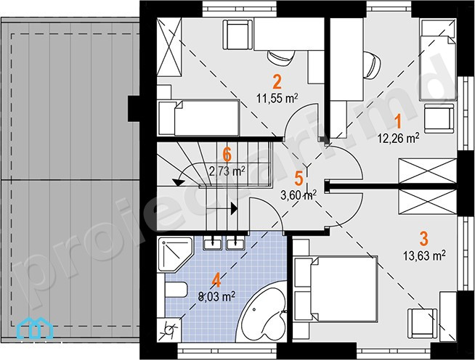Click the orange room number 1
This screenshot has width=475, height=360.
click(x=398, y=121)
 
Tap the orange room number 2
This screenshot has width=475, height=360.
click(x=277, y=82)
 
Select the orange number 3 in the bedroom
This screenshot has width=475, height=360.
click(x=424, y=238)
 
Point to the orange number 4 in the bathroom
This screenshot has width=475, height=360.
click(x=216, y=280)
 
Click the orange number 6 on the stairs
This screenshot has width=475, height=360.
click(x=227, y=155)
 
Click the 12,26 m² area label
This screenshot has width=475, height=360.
click(x=398, y=138)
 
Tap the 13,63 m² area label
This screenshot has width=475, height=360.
click(x=424, y=255)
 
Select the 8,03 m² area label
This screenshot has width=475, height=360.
click(x=216, y=296)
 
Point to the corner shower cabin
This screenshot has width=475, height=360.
click(x=175, y=255)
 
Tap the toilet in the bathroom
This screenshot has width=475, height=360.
click(x=176, y=290)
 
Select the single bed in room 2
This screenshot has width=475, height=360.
click(x=199, y=118)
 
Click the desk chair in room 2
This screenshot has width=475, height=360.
click(x=281, y=57)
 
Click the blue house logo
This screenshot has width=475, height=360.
click(x=36, y=328)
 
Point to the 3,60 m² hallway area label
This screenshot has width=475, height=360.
click(x=299, y=195)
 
